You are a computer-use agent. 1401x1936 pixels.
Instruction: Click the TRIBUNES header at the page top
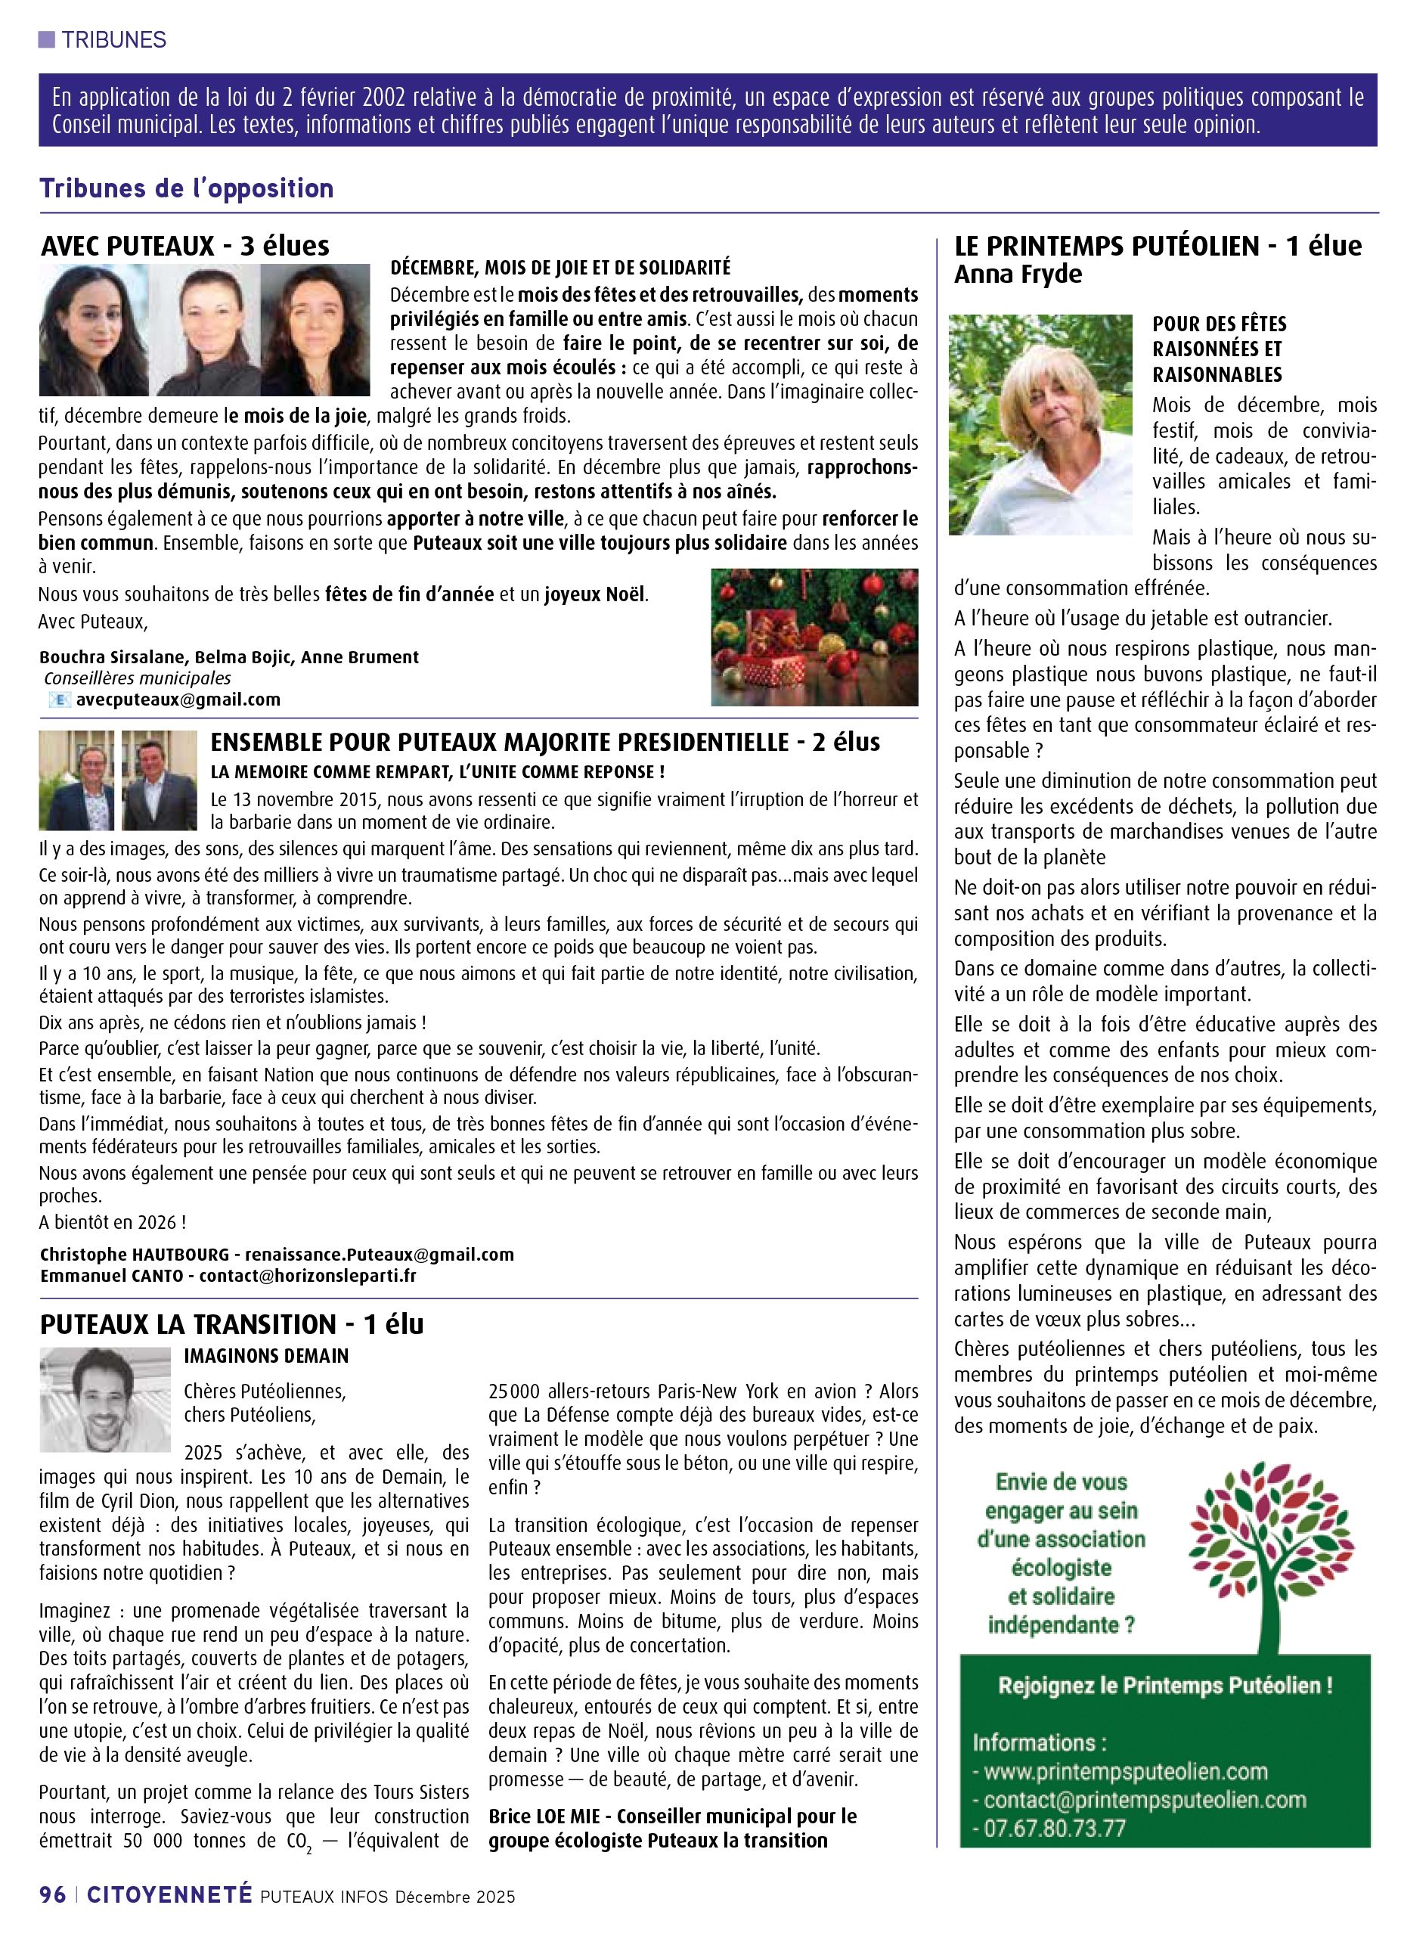point(113,40)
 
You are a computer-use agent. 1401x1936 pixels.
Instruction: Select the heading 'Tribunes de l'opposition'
point(186,188)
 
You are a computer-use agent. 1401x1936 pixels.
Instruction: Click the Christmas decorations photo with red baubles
point(814,637)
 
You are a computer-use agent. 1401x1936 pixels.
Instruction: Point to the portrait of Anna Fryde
point(1040,424)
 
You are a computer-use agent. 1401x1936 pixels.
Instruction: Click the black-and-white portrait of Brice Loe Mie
point(105,1399)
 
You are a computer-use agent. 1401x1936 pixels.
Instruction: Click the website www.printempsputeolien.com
point(1125,1771)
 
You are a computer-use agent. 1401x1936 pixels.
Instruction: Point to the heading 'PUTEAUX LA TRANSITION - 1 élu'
point(231,1324)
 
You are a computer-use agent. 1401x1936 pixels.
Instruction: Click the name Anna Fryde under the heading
point(1018,274)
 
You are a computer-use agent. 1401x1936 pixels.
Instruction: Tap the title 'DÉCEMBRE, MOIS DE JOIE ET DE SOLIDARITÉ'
point(559,268)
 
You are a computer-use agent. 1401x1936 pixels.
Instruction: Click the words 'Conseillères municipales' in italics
point(138,678)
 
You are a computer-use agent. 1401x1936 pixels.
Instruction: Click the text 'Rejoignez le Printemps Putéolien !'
point(1164,1685)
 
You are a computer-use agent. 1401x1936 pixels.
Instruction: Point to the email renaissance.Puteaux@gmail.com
point(379,1254)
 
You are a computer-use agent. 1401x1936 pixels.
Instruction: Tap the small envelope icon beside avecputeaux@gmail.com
point(60,700)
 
